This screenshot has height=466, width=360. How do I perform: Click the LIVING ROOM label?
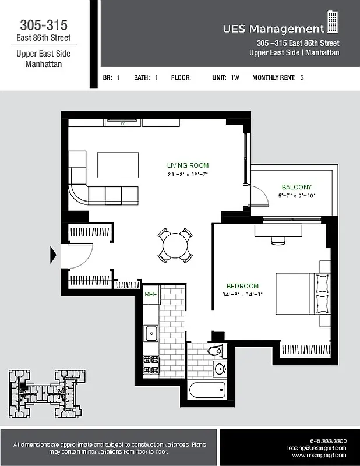click(x=188, y=165)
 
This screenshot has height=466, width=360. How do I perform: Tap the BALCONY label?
click(x=297, y=187)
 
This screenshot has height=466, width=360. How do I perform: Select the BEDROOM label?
click(x=242, y=286)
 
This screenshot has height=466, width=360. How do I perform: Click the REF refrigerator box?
click(x=151, y=295)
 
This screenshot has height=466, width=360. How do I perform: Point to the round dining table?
click(x=175, y=246)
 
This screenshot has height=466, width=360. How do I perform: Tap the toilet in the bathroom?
click(x=215, y=351)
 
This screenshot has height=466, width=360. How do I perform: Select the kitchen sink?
click(x=151, y=333)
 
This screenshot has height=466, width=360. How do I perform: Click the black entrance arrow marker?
click(x=54, y=255)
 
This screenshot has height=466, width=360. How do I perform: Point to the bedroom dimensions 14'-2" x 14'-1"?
click(x=242, y=295)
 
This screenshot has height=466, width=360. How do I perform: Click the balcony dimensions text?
click(x=297, y=196)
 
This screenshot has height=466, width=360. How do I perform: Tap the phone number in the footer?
click(x=329, y=440)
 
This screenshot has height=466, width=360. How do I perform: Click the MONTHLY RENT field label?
click(x=274, y=77)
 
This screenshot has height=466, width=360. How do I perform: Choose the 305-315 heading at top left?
click(x=44, y=25)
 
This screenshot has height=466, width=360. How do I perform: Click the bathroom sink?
click(x=220, y=368)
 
